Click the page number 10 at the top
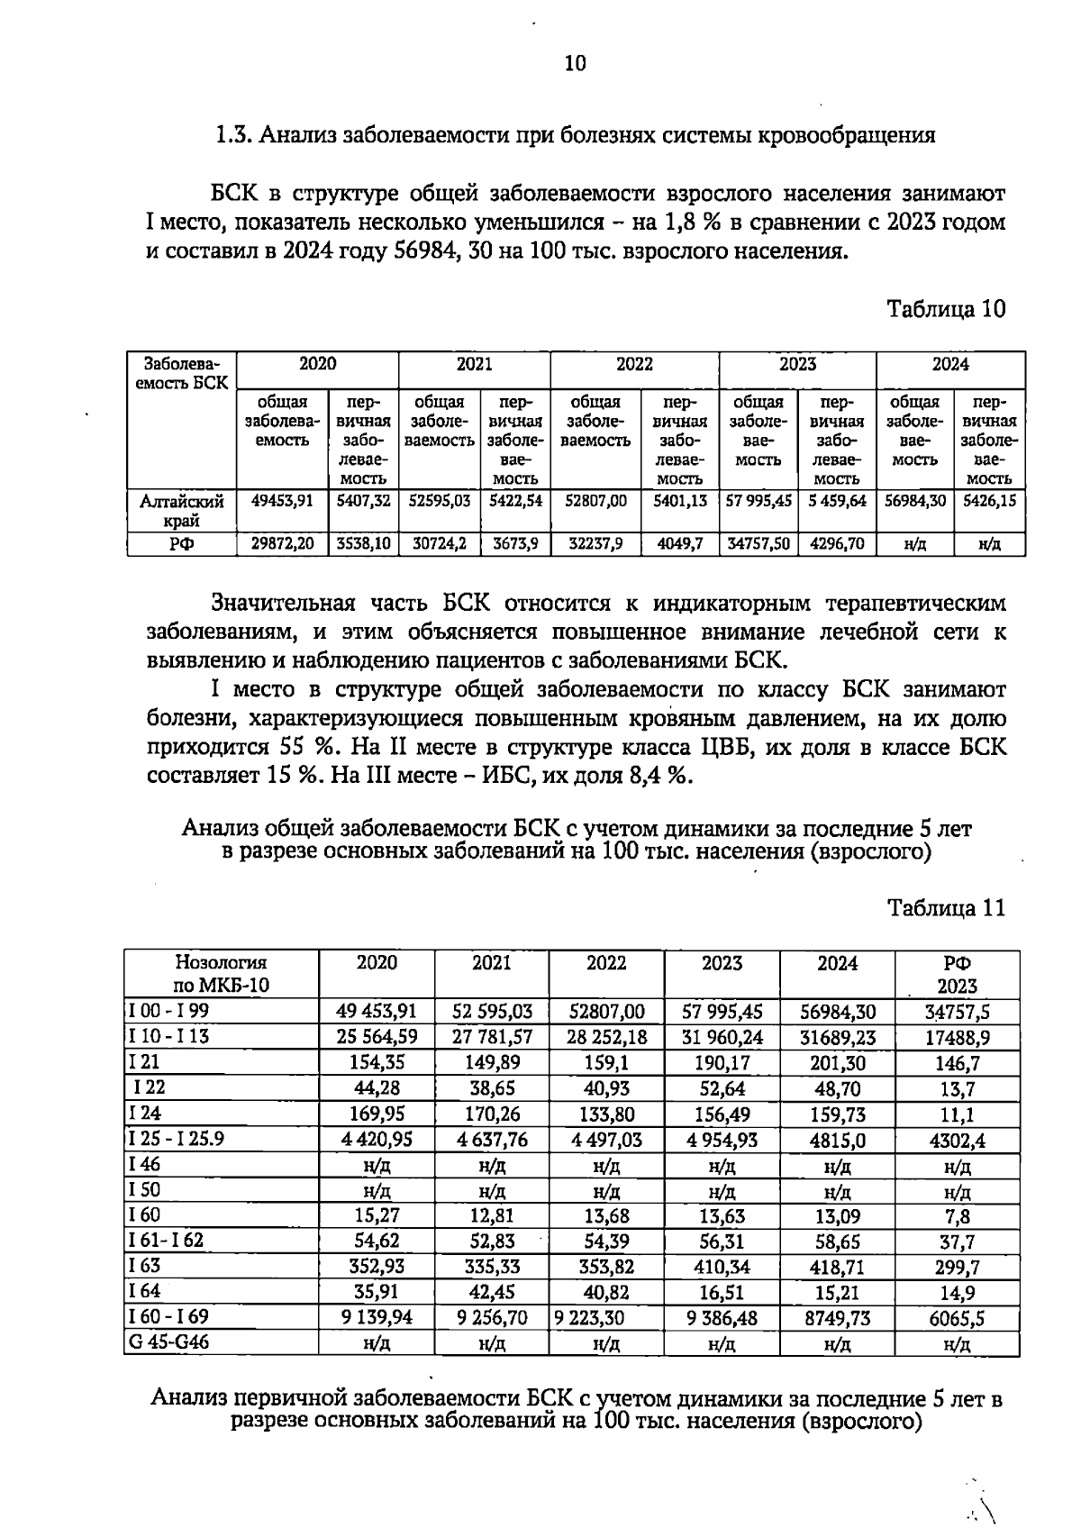coord(575,63)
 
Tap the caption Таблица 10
coord(945,309)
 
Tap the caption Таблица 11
coord(945,906)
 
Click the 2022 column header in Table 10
coord(634,364)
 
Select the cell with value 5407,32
coord(363,500)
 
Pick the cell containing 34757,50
coord(759,544)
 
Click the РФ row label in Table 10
coord(181,544)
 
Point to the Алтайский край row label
coord(181,510)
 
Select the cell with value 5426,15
coord(989,500)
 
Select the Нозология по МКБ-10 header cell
coord(222,973)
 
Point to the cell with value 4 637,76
coord(492,1140)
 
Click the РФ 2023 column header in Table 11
coord(957,973)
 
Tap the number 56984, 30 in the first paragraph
coord(441,251)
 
